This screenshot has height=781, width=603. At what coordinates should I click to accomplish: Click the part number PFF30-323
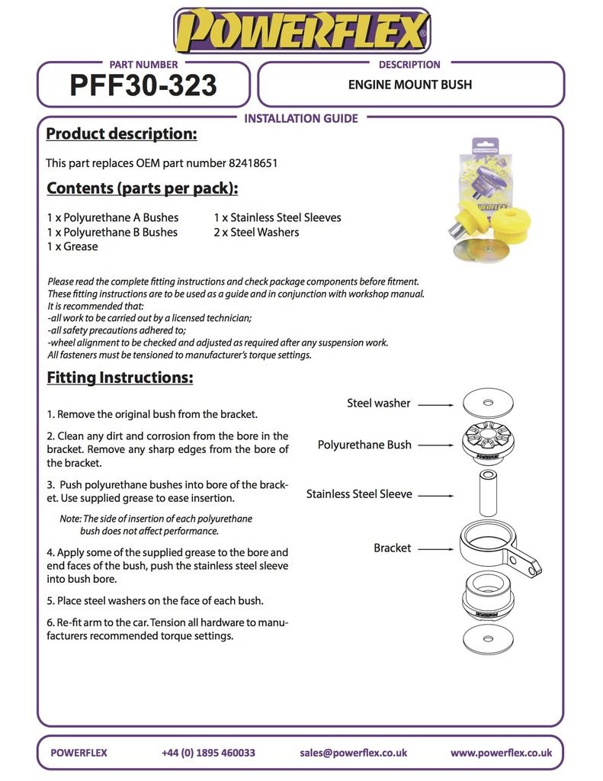click(143, 85)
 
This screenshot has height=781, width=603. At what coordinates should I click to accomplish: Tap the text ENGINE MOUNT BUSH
click(410, 85)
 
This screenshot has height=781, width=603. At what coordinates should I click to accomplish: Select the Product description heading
click(121, 134)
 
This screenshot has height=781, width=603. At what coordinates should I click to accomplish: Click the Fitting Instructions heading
click(120, 378)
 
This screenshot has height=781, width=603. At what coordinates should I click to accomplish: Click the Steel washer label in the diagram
click(378, 403)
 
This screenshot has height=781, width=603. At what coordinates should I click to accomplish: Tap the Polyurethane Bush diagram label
click(364, 445)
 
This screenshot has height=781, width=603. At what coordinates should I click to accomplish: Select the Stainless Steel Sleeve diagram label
click(359, 494)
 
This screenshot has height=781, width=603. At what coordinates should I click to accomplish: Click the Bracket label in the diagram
click(392, 548)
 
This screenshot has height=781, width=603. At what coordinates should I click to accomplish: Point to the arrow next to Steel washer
click(436, 404)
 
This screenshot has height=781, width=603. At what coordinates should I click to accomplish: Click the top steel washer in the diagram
click(488, 402)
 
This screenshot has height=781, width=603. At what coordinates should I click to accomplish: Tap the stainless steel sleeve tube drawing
click(488, 493)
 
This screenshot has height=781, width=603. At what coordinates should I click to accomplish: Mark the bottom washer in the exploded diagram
click(488, 638)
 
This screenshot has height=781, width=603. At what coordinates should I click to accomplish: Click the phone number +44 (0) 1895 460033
click(208, 753)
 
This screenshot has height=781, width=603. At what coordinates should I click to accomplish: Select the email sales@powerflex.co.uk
click(353, 753)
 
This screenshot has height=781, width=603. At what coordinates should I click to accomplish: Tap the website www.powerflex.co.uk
click(501, 753)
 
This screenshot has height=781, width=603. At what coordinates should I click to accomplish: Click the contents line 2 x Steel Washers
click(256, 232)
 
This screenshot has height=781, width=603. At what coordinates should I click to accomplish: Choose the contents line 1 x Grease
click(72, 246)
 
